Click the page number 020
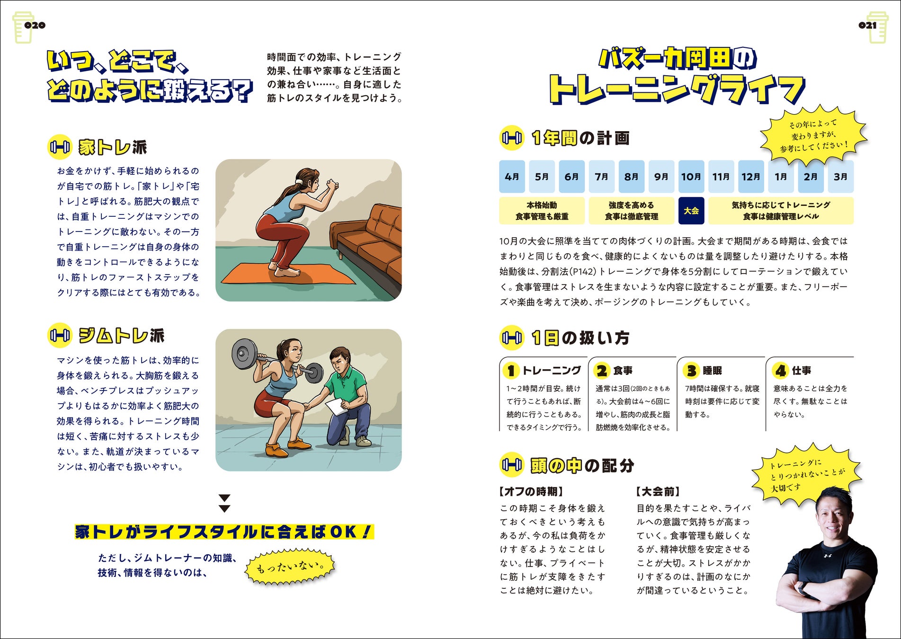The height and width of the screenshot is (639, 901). click(x=35, y=26)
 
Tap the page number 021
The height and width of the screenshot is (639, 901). click(x=867, y=26)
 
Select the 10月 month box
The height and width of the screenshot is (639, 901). click(x=691, y=177)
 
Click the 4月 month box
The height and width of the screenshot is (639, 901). click(x=512, y=177)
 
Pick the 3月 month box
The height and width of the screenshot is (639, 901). click(x=840, y=177)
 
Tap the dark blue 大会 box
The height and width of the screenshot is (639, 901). click(x=691, y=211)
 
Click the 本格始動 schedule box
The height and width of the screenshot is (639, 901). click(x=542, y=211)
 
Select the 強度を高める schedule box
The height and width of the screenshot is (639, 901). click(x=632, y=211)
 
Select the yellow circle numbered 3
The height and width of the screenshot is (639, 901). click(x=692, y=371)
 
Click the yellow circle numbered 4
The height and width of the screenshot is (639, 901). click(x=780, y=371)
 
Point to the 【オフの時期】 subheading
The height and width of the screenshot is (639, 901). click(x=531, y=491)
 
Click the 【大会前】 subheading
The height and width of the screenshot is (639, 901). click(x=658, y=491)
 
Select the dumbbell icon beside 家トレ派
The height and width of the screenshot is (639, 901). click(x=60, y=147)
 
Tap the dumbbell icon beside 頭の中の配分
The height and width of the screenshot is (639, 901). click(x=512, y=465)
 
